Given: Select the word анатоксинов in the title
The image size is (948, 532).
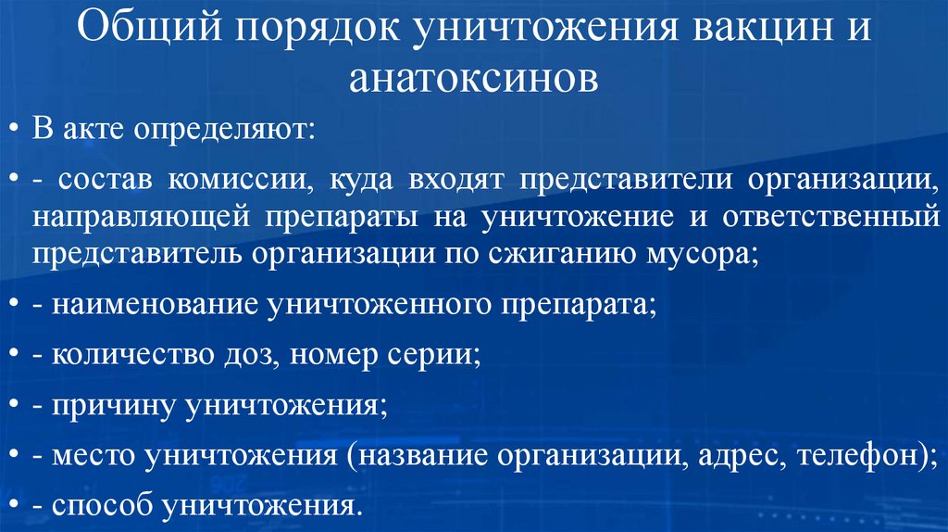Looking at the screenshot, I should [x=474, y=81].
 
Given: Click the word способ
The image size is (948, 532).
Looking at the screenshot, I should [x=102, y=506].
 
